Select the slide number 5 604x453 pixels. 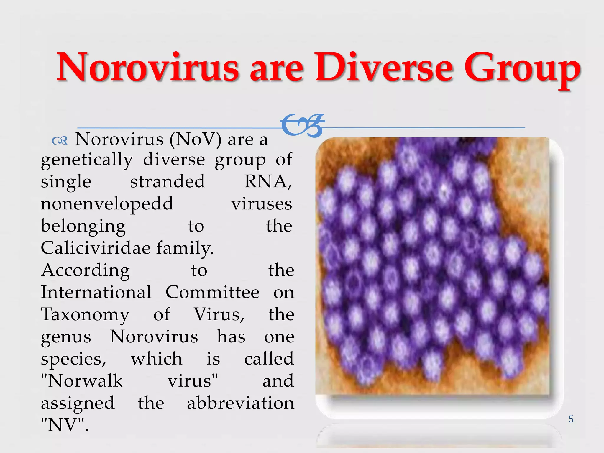571,419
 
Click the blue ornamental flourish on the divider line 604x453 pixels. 303,126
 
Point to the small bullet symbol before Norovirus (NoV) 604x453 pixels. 60,141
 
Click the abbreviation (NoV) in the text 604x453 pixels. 195,139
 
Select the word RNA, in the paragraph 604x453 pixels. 268,181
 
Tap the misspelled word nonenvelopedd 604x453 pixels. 107,204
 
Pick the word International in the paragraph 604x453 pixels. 96,292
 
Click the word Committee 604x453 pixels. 212,292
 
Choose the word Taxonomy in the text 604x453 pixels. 85,315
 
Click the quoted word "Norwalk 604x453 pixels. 82,381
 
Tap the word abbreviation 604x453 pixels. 241,403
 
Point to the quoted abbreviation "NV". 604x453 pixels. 64,425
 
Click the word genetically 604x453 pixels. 87,160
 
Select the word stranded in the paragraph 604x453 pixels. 168,181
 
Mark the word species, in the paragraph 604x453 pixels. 73,359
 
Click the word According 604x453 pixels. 86,270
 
